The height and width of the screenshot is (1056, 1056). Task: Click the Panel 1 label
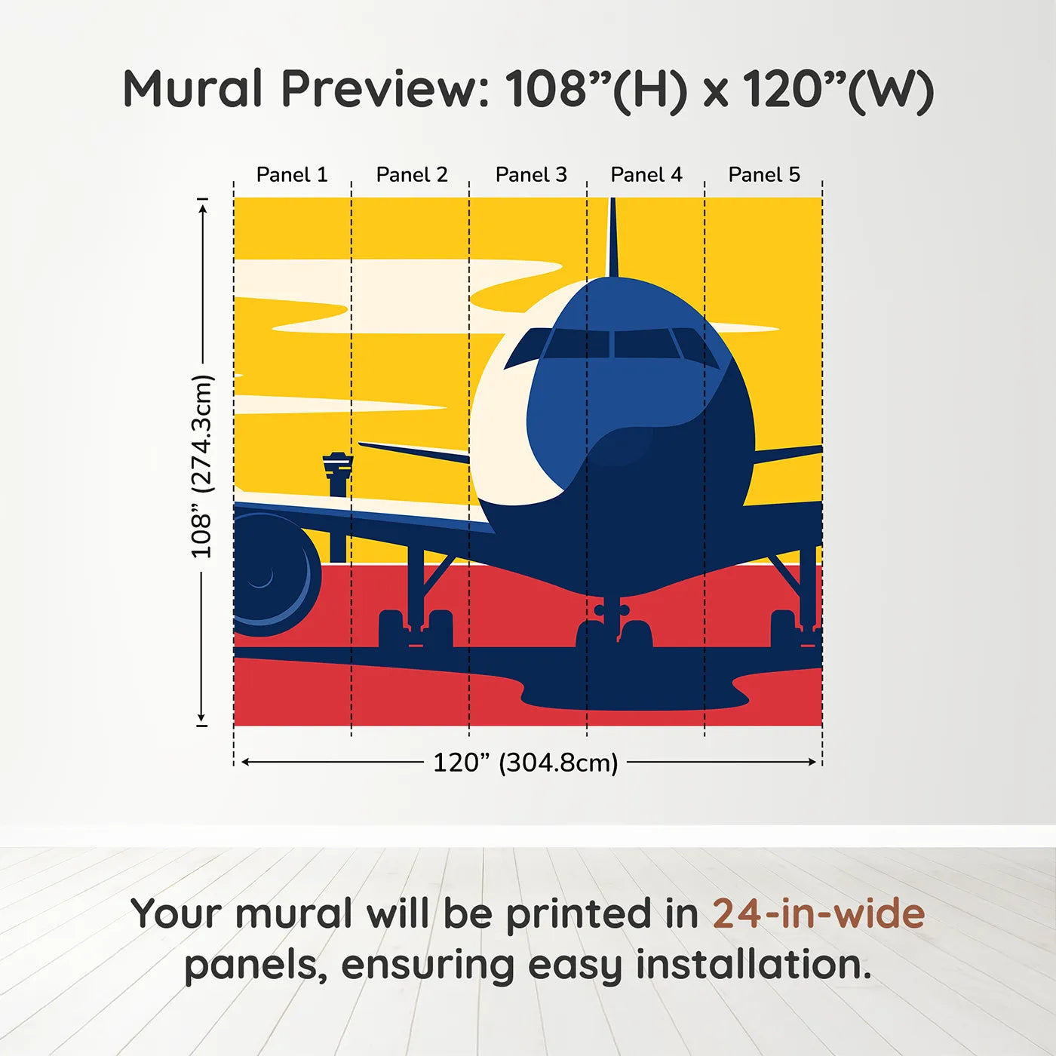[x=292, y=175]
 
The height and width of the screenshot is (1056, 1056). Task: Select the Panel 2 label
[x=412, y=175]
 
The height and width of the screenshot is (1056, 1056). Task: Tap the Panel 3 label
[x=531, y=175]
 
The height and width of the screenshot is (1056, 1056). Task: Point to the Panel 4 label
[x=646, y=175]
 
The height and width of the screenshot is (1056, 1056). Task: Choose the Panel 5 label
[x=764, y=175]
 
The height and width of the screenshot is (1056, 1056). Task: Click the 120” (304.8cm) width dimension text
[x=525, y=763]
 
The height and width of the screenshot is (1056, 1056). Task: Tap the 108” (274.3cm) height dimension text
[x=201, y=467]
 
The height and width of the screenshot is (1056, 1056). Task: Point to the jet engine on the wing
[x=272, y=573]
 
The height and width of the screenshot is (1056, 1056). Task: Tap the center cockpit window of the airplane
[x=642, y=344]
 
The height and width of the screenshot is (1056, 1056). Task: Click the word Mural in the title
[x=193, y=89]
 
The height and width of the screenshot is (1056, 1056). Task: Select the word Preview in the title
[x=385, y=89]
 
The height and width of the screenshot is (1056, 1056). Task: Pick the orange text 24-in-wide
[x=818, y=913]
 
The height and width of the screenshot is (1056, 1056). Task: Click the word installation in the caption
[x=754, y=965]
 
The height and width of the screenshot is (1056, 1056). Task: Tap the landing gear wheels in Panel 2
[x=416, y=630]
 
